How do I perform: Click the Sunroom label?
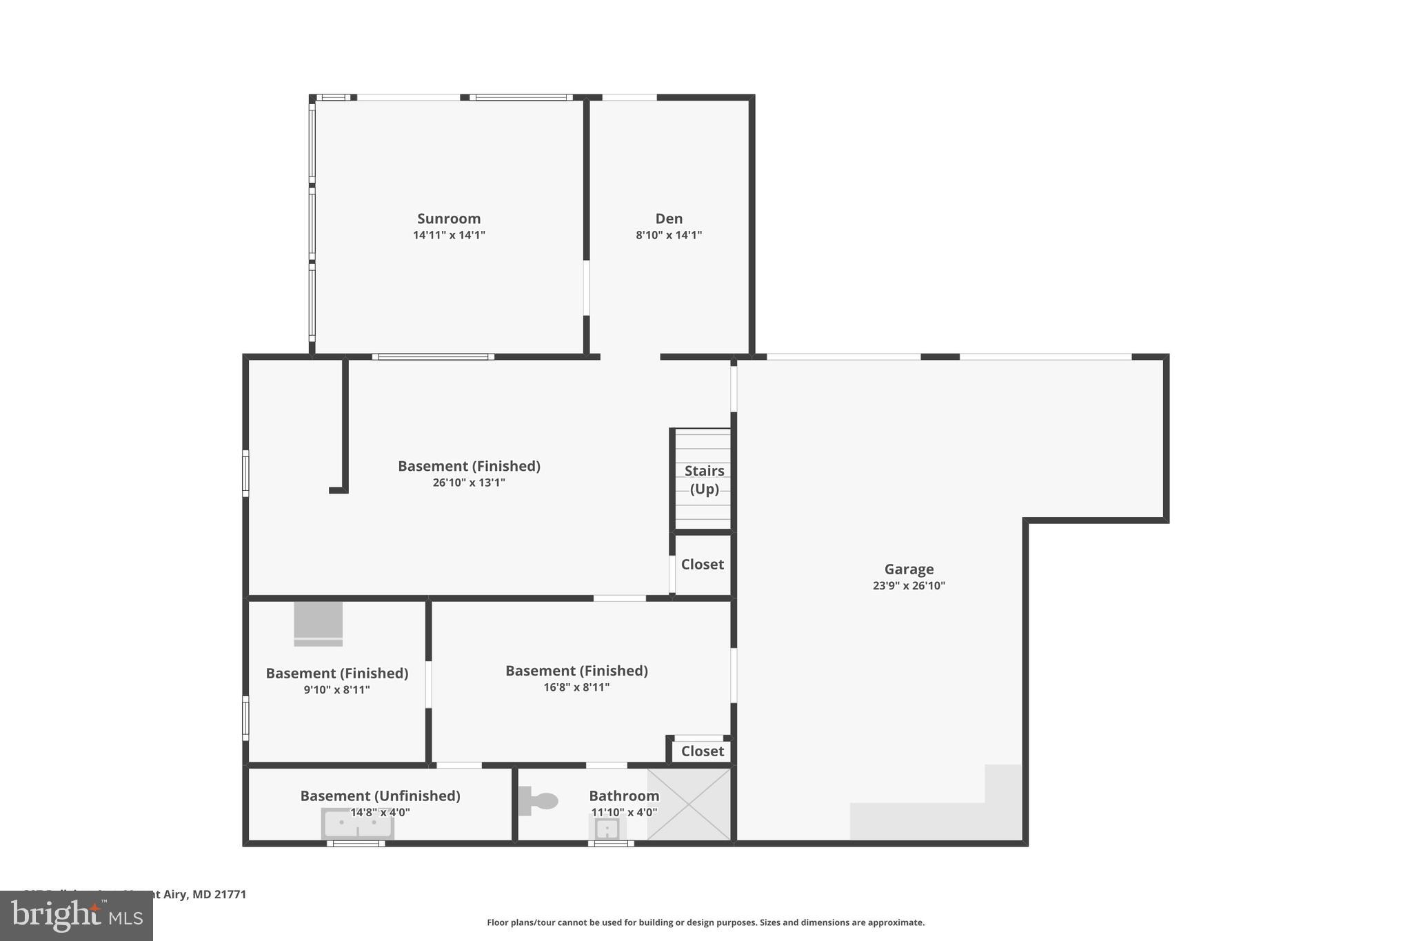449,219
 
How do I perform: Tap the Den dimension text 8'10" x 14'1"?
669,235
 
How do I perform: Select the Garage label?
909,569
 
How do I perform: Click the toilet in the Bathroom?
538,801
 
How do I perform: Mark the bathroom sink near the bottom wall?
607,828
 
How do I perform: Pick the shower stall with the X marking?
689,805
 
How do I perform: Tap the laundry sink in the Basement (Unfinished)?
357,824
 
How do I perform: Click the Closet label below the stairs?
702,565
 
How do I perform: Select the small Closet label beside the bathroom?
702,751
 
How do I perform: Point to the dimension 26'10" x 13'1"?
469,483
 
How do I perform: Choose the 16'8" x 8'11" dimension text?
576,687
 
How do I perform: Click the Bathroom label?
624,796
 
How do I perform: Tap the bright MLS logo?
77,916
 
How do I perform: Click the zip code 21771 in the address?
230,895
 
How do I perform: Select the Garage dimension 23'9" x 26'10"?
909,586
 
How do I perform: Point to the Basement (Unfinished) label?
380,796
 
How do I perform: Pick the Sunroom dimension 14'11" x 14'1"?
449,235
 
